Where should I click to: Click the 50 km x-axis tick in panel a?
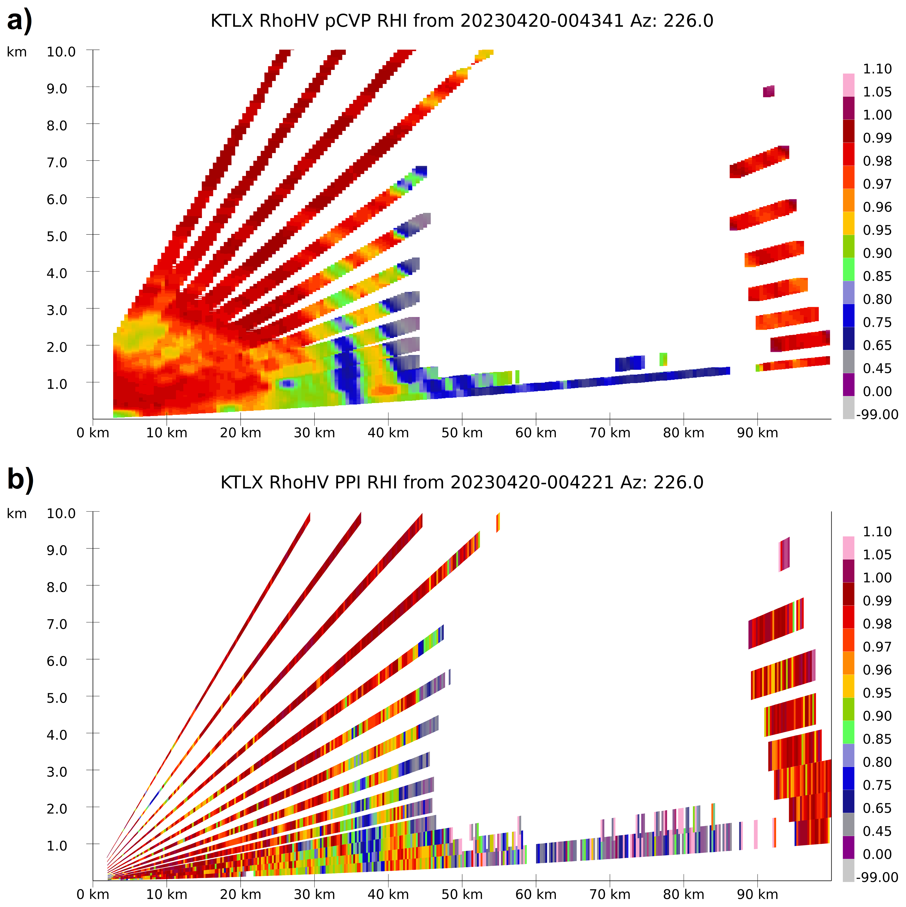(x=462, y=433)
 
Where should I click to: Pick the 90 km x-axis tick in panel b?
(x=757, y=894)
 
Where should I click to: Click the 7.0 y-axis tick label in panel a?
(x=57, y=162)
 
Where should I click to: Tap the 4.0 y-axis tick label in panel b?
(x=57, y=734)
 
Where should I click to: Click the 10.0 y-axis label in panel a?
(x=61, y=52)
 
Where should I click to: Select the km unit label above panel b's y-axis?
(x=17, y=514)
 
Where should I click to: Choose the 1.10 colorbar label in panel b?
(x=877, y=531)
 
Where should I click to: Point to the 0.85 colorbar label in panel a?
(x=877, y=276)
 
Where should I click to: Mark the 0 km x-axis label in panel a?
(x=93, y=433)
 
